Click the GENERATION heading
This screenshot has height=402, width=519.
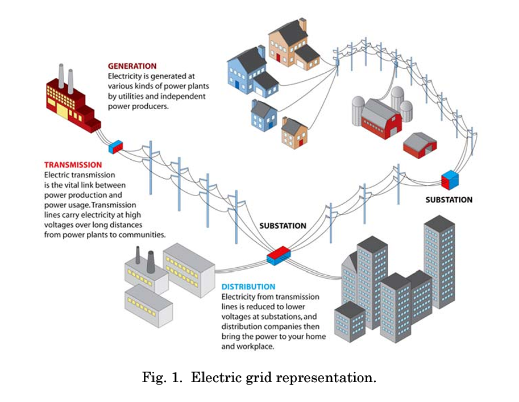click(x=132, y=67)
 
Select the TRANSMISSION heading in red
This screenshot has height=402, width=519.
click(x=73, y=165)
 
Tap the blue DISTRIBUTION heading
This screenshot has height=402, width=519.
click(x=248, y=287)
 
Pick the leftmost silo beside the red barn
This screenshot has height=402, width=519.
click(x=358, y=110)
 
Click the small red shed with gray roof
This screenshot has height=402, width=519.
click(x=420, y=146)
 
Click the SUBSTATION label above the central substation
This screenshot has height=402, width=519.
click(x=283, y=226)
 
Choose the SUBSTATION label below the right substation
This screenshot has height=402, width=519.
click(x=449, y=200)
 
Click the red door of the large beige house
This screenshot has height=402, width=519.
click(x=278, y=57)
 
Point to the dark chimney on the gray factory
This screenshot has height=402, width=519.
click(x=151, y=262)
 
